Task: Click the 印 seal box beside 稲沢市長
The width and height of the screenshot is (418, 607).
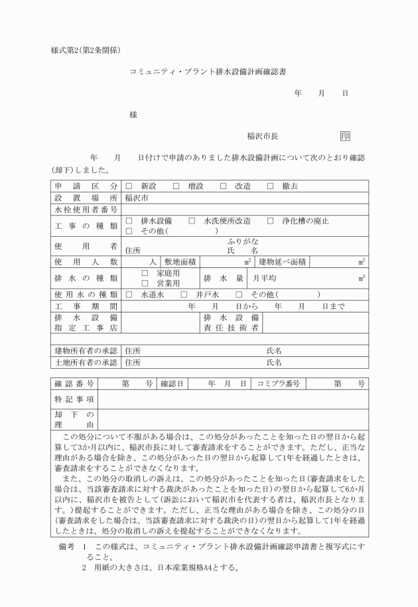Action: point(345,136)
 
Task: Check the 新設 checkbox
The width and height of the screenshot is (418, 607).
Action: point(129,186)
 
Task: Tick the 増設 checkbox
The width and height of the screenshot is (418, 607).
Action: point(176,186)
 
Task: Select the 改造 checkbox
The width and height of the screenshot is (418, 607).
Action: point(224,186)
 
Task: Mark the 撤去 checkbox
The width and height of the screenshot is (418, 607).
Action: point(270,186)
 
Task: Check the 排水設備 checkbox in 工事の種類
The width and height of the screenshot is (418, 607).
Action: point(129,221)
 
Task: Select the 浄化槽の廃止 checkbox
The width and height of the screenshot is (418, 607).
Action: point(270,221)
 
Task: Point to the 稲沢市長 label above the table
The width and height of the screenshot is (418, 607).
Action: point(262,136)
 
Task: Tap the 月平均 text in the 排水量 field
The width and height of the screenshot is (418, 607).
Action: point(265,278)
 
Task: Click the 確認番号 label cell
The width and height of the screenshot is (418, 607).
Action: point(75,383)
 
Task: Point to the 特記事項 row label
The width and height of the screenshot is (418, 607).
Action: point(75,399)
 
